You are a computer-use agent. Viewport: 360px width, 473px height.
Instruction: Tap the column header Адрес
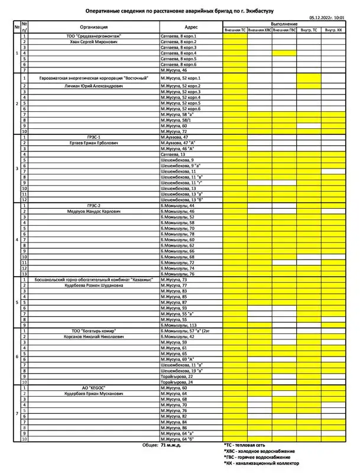pyautogui.click(x=191, y=27)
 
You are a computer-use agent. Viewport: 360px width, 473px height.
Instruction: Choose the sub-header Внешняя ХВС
pyautogui.click(x=260, y=30)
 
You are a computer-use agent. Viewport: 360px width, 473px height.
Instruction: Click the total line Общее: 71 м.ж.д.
pyautogui.click(x=162, y=445)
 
